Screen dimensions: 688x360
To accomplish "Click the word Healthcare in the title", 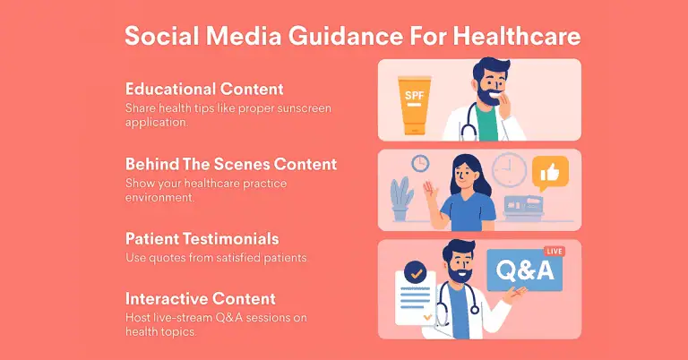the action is [x=516, y=35].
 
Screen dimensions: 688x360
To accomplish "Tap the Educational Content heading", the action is [x=204, y=89].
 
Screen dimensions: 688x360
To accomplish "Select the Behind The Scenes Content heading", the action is [x=231, y=164].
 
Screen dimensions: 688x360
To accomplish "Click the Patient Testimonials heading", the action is [x=202, y=239].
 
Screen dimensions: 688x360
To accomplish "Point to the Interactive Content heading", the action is [x=201, y=298].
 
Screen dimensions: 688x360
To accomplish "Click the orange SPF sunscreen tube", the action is [x=414, y=106].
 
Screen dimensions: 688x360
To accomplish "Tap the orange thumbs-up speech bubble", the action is [x=550, y=173].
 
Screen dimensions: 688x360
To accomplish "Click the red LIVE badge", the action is [x=555, y=252].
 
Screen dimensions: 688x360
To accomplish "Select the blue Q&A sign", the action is [x=524, y=270].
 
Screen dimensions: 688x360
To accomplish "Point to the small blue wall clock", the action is [x=420, y=164].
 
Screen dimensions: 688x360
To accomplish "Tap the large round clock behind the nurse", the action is [x=509, y=169].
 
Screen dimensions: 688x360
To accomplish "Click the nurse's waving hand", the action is [x=430, y=191].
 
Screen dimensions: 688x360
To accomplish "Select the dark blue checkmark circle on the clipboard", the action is [x=415, y=273].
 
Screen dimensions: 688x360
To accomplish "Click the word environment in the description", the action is [x=159, y=197].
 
